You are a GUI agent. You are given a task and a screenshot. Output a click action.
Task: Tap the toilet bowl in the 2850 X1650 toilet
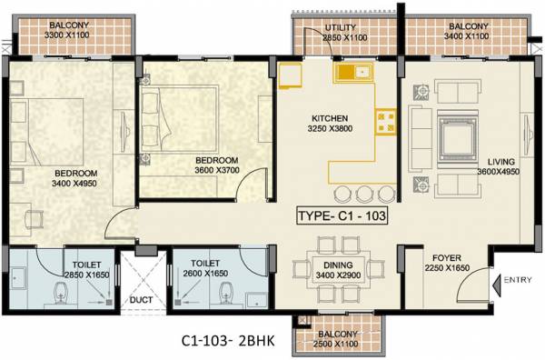tap(61, 293)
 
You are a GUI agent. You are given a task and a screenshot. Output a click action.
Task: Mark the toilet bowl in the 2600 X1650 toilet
tap(226, 292)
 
